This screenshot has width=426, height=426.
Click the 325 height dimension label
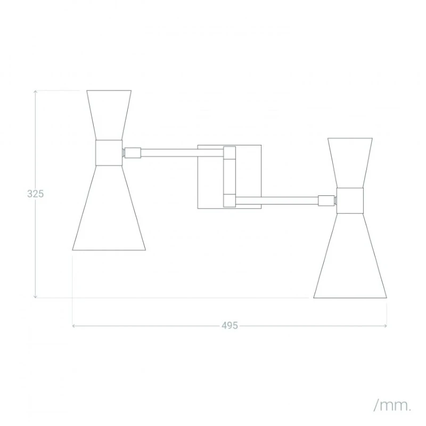click(x=35, y=194)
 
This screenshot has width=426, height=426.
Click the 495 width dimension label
click(x=230, y=325)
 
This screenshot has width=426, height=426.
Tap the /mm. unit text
click(x=392, y=405)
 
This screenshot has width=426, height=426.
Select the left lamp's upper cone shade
click(x=109, y=115)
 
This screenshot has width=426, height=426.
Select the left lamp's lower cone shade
click(x=109, y=208)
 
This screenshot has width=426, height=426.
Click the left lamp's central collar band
click(x=109, y=153)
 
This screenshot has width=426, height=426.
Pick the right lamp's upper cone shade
click(x=350, y=163)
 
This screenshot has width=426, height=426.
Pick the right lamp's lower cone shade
click(x=350, y=256)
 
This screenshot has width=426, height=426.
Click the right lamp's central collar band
click(x=350, y=201)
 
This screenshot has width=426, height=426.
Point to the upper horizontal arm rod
click(x=182, y=153)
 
